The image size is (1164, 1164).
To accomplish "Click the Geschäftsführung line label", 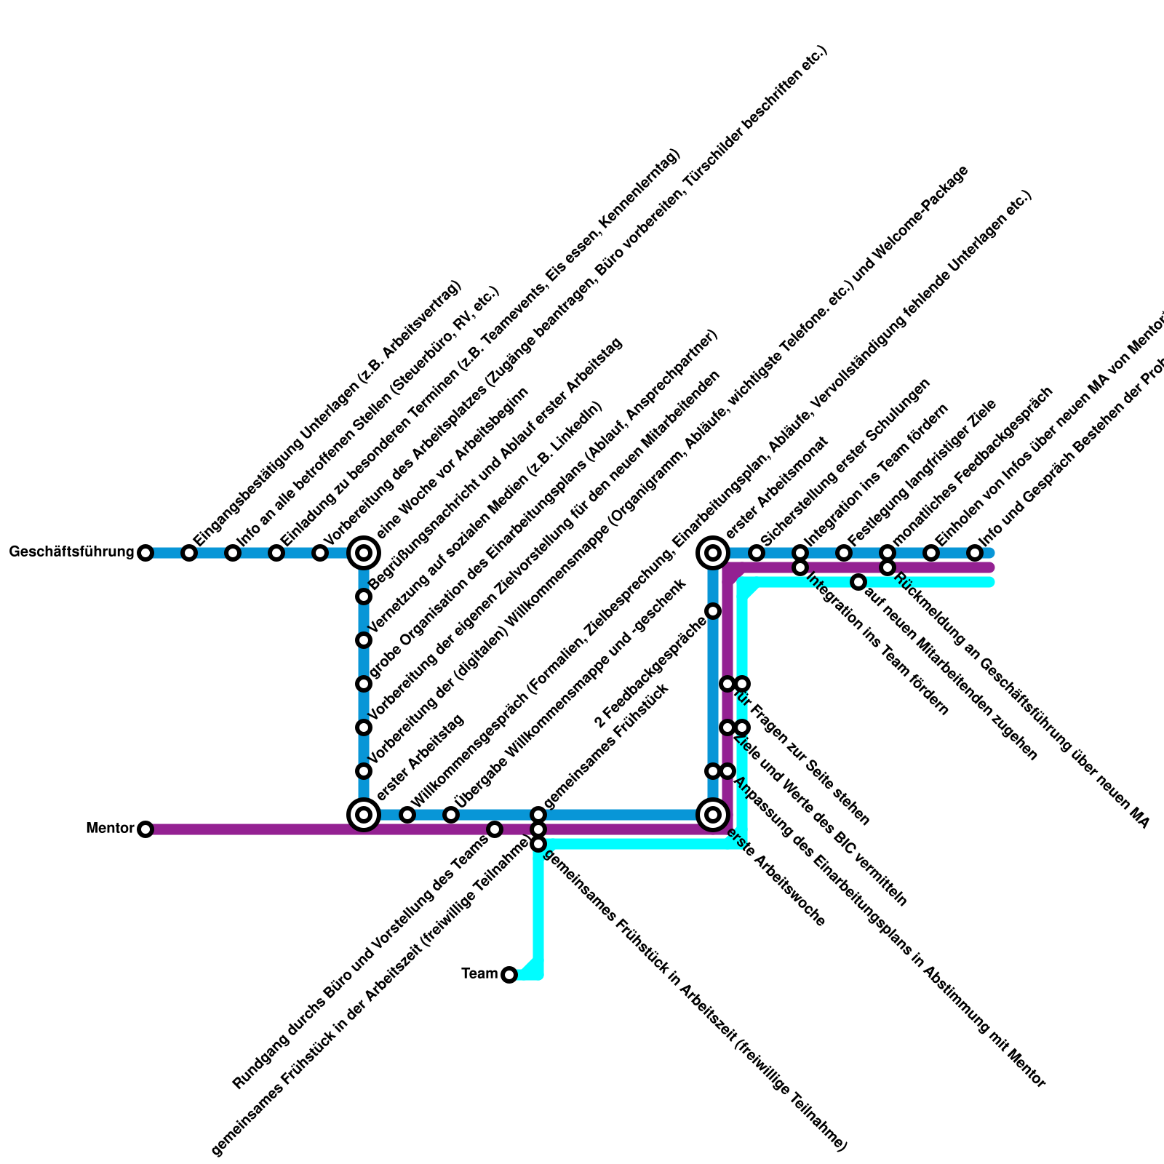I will tap(71, 552).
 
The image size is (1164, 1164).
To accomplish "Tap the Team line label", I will tap(479, 973).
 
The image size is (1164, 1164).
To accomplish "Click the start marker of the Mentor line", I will tap(145, 829).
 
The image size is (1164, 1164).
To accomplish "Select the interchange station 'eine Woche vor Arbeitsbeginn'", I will tap(364, 553).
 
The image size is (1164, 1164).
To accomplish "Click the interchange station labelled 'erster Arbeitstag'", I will tap(364, 814).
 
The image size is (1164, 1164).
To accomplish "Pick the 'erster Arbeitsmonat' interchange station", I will tap(713, 553).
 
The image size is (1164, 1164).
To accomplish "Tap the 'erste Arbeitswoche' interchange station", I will tap(713, 814).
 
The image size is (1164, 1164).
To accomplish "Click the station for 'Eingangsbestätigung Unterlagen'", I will tap(189, 553).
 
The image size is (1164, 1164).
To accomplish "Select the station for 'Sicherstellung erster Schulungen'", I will tap(757, 553).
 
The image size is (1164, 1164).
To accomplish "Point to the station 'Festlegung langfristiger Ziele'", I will tap(844, 553).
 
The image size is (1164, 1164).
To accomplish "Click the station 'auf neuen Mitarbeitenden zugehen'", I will tap(858, 582).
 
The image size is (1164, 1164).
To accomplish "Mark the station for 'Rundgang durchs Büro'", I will tap(495, 829).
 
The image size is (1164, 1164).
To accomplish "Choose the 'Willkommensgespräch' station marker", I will tap(407, 814).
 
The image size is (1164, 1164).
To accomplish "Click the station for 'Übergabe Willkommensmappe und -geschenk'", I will tap(451, 814).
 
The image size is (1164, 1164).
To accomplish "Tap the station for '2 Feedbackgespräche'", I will tap(713, 611).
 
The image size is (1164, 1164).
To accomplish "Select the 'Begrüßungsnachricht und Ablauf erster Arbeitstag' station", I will tap(364, 597).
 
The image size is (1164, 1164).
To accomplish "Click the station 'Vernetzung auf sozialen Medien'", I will tap(364, 640).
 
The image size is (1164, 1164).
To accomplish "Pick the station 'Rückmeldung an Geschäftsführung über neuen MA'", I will tap(888, 567).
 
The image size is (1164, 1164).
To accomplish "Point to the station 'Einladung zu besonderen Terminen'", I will tap(276, 553).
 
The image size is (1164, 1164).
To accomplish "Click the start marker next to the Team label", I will tap(509, 974).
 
